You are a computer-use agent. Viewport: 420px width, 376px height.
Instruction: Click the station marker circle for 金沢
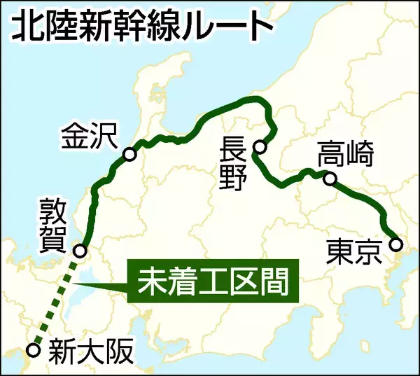tap(129, 155)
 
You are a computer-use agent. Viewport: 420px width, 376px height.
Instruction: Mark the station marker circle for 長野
tap(260, 147)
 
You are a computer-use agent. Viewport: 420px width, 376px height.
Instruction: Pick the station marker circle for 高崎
tap(330, 179)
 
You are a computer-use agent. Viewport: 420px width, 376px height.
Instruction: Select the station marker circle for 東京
tap(396, 245)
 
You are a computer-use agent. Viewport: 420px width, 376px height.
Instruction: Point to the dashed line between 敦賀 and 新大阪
tap(56, 301)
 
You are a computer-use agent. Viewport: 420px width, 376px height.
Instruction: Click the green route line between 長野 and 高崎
tap(287, 183)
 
